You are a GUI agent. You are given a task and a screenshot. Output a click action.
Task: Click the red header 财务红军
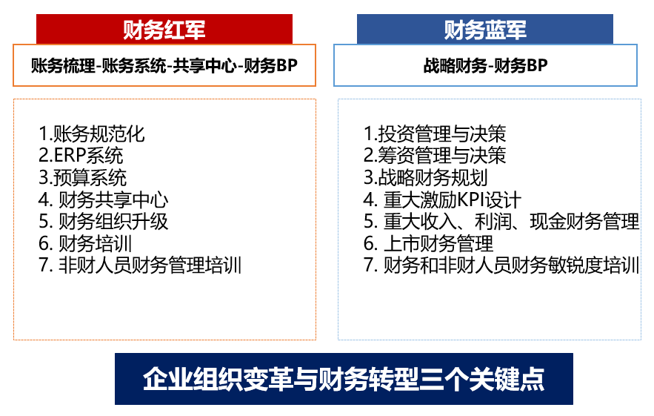tap(164, 30)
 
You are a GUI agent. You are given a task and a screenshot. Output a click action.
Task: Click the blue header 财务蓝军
tap(484, 30)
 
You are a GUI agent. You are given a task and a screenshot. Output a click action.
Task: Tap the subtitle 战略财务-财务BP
tap(485, 65)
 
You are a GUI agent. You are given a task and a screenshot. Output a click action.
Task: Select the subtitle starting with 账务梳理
tap(164, 65)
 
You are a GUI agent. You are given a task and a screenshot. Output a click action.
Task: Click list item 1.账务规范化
tap(91, 134)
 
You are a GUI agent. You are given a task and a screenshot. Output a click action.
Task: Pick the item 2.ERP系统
tap(81, 156)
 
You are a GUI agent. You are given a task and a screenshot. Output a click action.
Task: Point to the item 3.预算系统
tap(82, 177)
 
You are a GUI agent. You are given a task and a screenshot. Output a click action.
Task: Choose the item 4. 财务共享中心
tap(103, 199)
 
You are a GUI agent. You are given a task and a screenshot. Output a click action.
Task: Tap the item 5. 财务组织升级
tap(103, 222)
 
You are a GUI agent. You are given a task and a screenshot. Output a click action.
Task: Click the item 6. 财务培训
tap(85, 243)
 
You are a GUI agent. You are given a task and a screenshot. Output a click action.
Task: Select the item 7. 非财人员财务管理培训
tap(140, 265)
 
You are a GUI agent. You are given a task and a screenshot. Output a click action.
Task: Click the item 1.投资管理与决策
tap(435, 134)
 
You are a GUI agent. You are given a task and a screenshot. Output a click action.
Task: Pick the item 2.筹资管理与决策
tap(435, 156)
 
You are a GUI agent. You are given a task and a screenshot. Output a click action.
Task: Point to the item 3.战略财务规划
tap(425, 177)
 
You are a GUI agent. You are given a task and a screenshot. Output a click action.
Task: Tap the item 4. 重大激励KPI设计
tap(442, 199)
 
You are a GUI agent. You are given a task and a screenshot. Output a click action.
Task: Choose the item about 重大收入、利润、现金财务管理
tap(501, 222)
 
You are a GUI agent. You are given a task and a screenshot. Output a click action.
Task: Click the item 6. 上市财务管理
tap(428, 243)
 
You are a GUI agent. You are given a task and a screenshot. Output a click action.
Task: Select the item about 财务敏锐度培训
tap(501, 265)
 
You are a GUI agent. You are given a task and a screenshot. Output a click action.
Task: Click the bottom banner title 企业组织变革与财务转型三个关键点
tap(344, 379)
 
